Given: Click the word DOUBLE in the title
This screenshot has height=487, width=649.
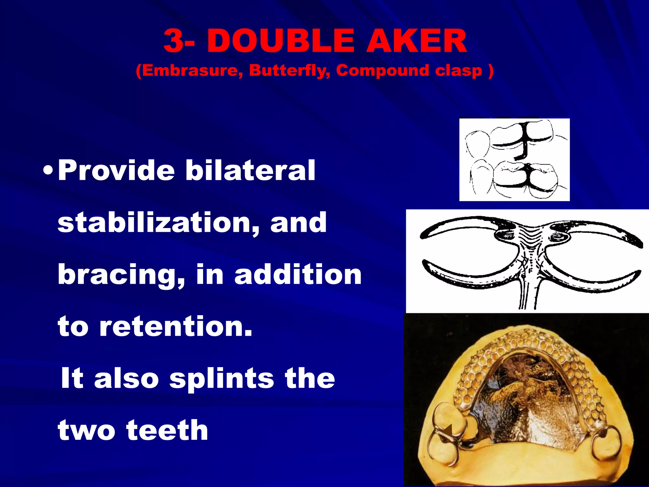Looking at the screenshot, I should pos(280,42).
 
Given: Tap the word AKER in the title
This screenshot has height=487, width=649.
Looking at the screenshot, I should pos(416,42).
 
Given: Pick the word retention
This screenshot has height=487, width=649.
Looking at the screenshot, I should pos(176,326).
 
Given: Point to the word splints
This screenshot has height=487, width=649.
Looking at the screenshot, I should pos(222,379).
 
